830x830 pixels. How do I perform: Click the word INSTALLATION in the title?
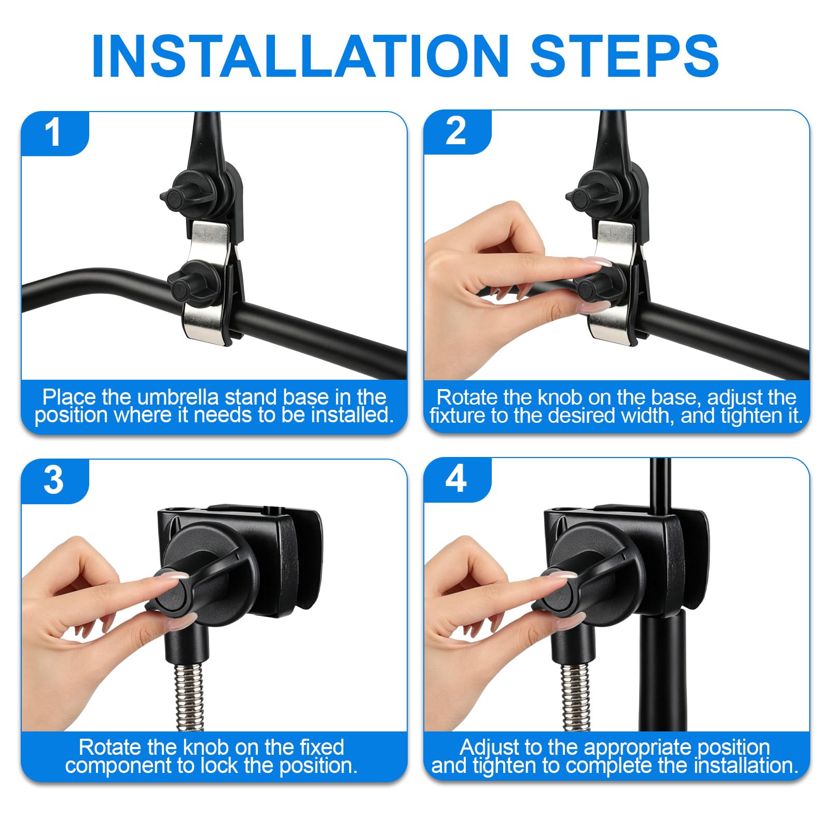click(300, 56)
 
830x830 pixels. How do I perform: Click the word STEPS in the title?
click(624, 56)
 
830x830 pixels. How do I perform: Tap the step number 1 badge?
click(54, 133)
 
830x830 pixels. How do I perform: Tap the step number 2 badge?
click(457, 132)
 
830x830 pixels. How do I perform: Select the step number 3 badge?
click(54, 481)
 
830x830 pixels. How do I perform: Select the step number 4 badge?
click(457, 479)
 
